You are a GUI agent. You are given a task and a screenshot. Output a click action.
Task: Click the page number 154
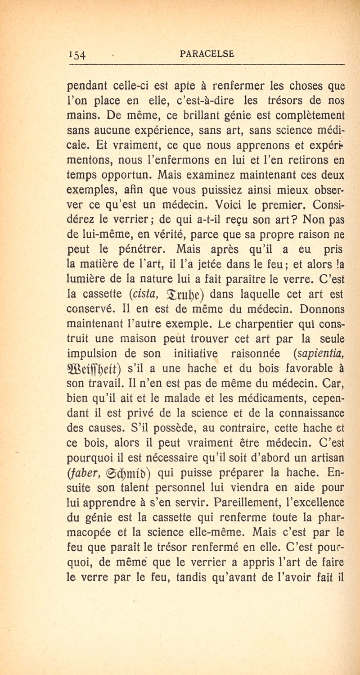coord(78,55)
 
